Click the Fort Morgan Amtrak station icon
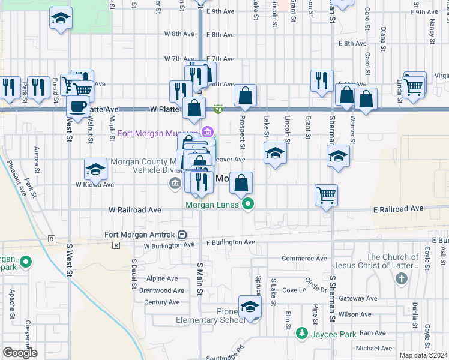click(181, 235)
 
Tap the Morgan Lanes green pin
click(248, 205)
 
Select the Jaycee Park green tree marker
click(302, 333)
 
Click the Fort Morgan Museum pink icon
click(208, 132)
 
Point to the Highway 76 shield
click(218, 110)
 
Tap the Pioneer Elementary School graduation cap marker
click(250, 308)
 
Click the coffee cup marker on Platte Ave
click(77, 106)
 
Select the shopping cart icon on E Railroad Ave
click(326, 194)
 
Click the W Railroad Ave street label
click(135, 210)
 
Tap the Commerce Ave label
click(304, 259)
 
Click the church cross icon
click(402, 278)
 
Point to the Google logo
click(20, 353)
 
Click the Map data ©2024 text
click(423, 355)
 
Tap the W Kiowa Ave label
click(94, 185)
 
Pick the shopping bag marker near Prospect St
click(245, 95)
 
